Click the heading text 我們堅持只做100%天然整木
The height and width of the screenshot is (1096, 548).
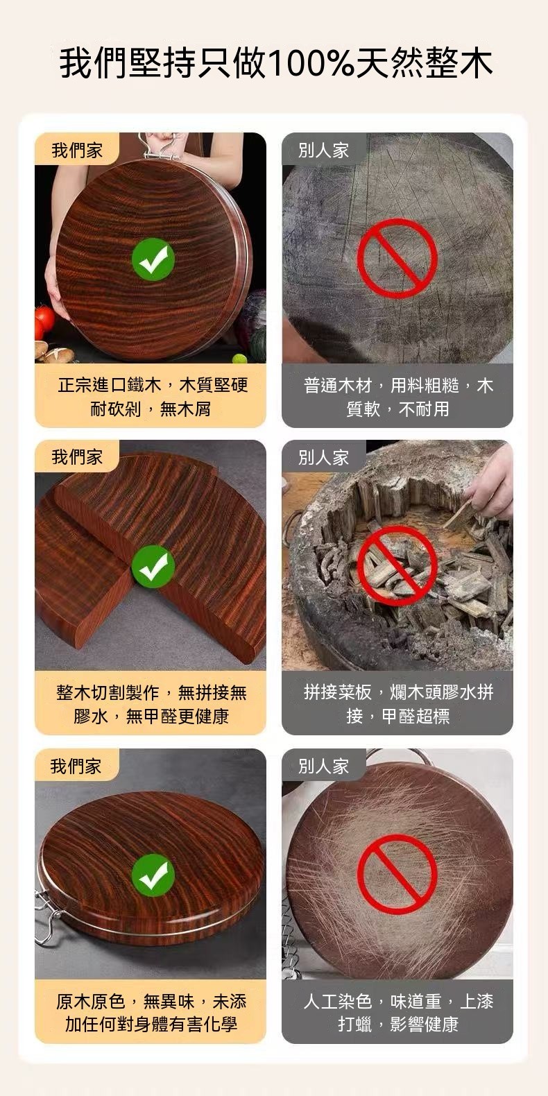tap(275, 62)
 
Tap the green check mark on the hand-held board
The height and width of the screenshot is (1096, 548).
tap(153, 259)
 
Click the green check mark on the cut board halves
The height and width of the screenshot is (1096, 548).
tap(153, 566)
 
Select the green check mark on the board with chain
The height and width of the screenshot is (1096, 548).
tap(153, 874)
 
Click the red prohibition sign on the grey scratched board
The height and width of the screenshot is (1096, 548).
tap(397, 258)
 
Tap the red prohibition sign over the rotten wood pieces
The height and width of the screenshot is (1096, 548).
tap(397, 566)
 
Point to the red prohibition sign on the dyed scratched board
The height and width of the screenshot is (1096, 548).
tap(397, 874)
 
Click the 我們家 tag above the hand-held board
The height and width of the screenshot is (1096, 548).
tap(77, 150)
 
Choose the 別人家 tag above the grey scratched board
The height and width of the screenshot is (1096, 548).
tap(323, 150)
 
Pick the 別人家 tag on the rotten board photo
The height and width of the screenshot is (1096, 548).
tap(323, 458)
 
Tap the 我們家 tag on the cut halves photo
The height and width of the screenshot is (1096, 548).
tap(77, 457)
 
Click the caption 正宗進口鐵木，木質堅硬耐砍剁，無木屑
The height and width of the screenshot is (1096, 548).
tap(153, 397)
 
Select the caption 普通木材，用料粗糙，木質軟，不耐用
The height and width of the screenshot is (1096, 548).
tap(397, 397)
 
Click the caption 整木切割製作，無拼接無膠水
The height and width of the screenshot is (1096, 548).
tap(151, 704)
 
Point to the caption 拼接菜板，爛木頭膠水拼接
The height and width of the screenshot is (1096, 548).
tap(397, 704)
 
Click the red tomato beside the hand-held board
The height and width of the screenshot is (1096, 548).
tap(44, 318)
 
